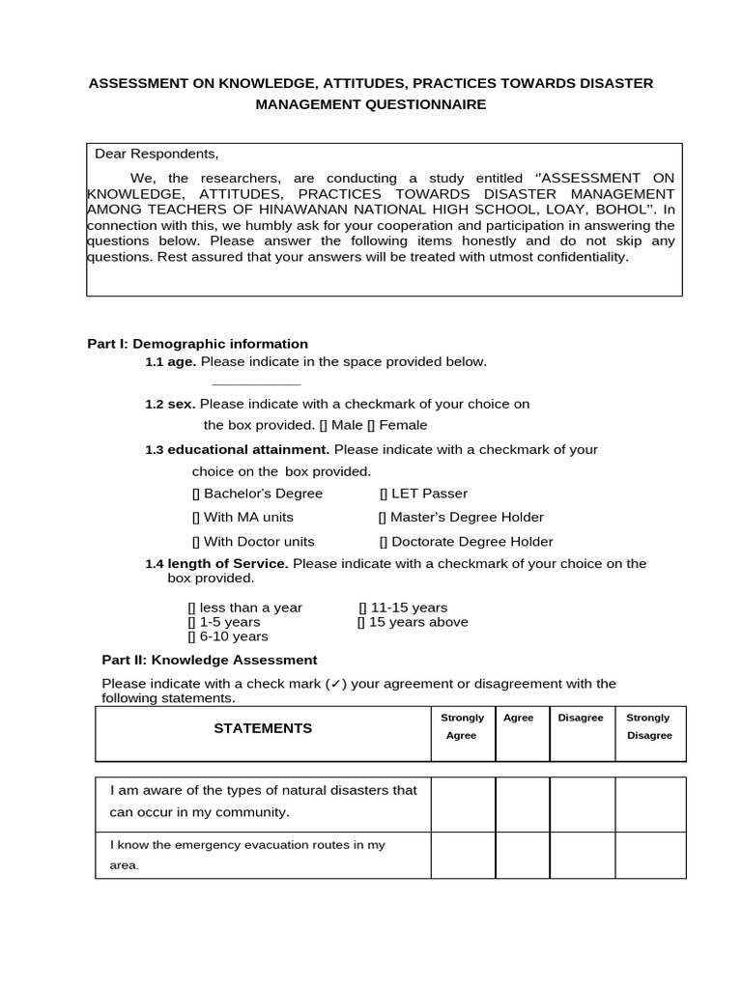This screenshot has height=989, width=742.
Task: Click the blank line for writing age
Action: (255, 383)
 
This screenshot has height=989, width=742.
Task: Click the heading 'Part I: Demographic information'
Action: (198, 344)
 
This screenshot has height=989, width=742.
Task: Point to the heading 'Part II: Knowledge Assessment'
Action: (210, 660)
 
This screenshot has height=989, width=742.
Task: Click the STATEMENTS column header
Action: (263, 728)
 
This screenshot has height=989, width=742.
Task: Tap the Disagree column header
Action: (581, 718)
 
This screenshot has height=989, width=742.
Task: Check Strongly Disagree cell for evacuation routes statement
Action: (649, 855)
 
